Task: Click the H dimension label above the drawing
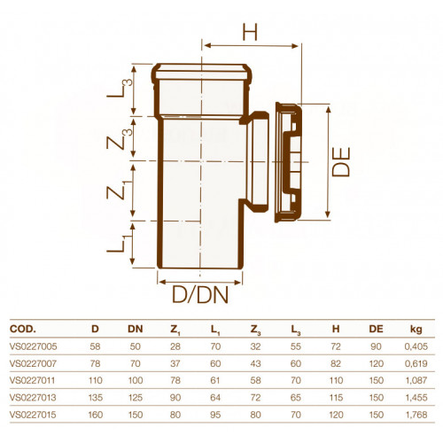(250, 32)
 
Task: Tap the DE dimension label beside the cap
(341, 161)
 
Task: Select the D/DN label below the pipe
(200, 294)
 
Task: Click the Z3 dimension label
(120, 138)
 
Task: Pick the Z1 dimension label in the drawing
(119, 190)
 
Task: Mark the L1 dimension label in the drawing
(119, 243)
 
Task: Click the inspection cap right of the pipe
(288, 162)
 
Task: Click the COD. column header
(23, 329)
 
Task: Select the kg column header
(416, 329)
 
